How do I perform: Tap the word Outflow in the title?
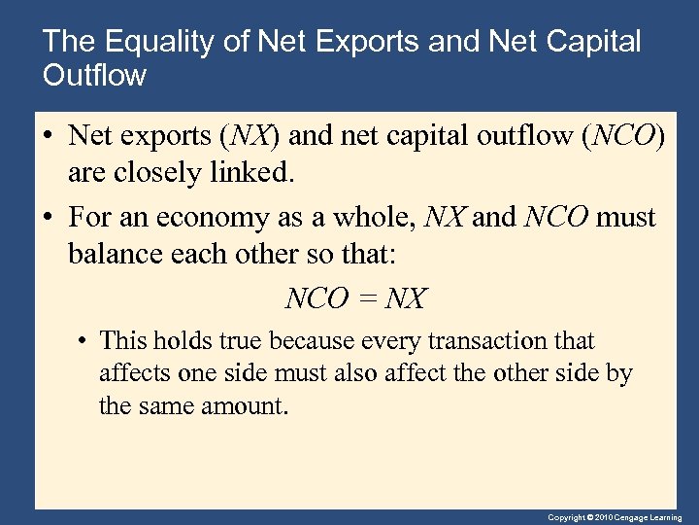click(x=95, y=75)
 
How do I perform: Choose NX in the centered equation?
click(x=406, y=298)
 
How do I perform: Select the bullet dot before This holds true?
click(x=85, y=342)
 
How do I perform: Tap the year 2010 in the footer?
click(x=604, y=518)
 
